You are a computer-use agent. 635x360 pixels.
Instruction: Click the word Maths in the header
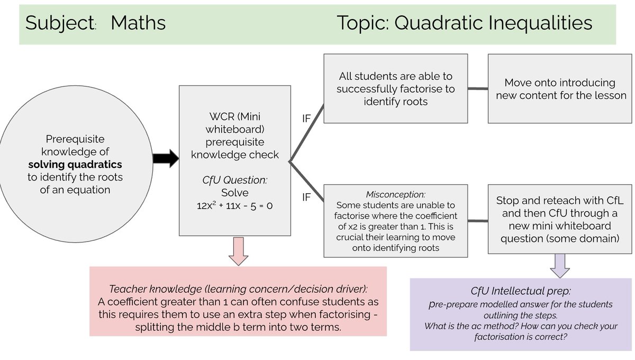click(138, 23)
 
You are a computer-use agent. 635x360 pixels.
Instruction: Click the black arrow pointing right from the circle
click(166, 159)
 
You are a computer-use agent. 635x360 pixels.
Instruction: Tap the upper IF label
click(306, 119)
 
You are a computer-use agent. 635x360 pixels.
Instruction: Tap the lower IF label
click(306, 197)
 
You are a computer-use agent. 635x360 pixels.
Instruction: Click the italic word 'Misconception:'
click(396, 194)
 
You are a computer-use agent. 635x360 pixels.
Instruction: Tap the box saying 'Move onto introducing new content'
click(559, 89)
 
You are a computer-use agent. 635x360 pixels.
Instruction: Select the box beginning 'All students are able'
click(395, 89)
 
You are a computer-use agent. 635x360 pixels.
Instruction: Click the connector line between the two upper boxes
click(478, 88)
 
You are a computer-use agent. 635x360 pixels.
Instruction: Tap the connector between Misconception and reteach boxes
click(478, 221)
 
